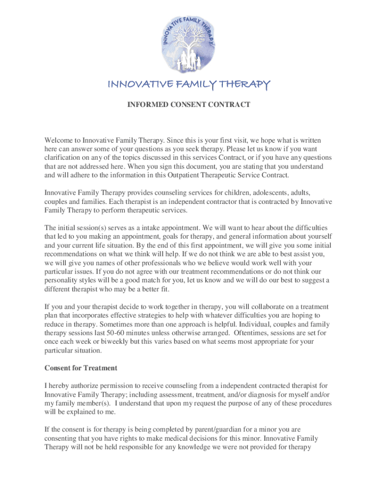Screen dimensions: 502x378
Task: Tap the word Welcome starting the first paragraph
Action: (x=62, y=140)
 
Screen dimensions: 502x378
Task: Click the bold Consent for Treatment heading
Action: (x=81, y=368)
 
